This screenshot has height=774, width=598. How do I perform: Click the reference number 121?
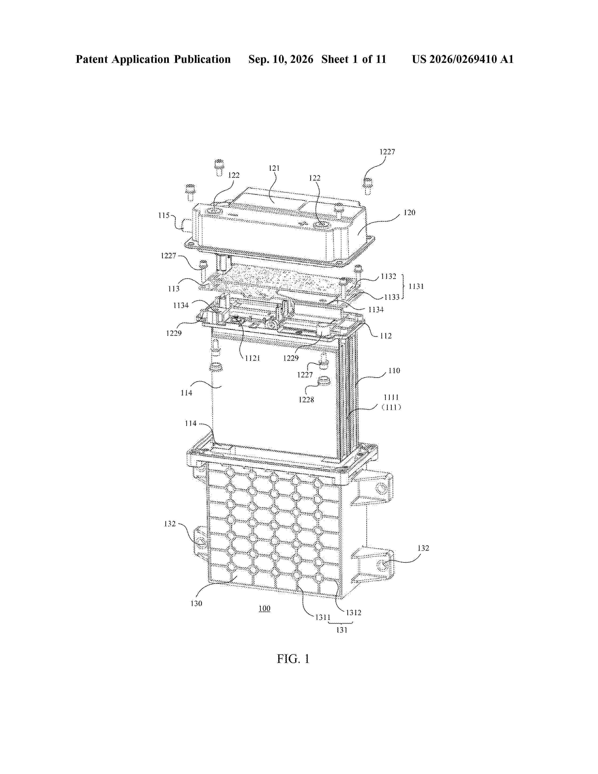click(274, 168)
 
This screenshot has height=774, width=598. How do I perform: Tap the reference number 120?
click(409, 213)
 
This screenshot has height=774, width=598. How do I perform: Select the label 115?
click(164, 216)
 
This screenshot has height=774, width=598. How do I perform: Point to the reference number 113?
click(174, 289)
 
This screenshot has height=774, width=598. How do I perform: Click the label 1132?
click(388, 277)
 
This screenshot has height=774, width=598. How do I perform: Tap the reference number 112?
click(386, 336)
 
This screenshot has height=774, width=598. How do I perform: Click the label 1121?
click(253, 358)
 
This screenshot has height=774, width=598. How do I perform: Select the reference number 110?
click(394, 371)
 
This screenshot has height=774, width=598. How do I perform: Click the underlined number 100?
click(264, 608)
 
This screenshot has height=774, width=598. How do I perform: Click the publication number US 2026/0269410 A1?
click(463, 59)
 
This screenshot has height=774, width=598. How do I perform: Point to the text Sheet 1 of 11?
click(354, 59)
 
